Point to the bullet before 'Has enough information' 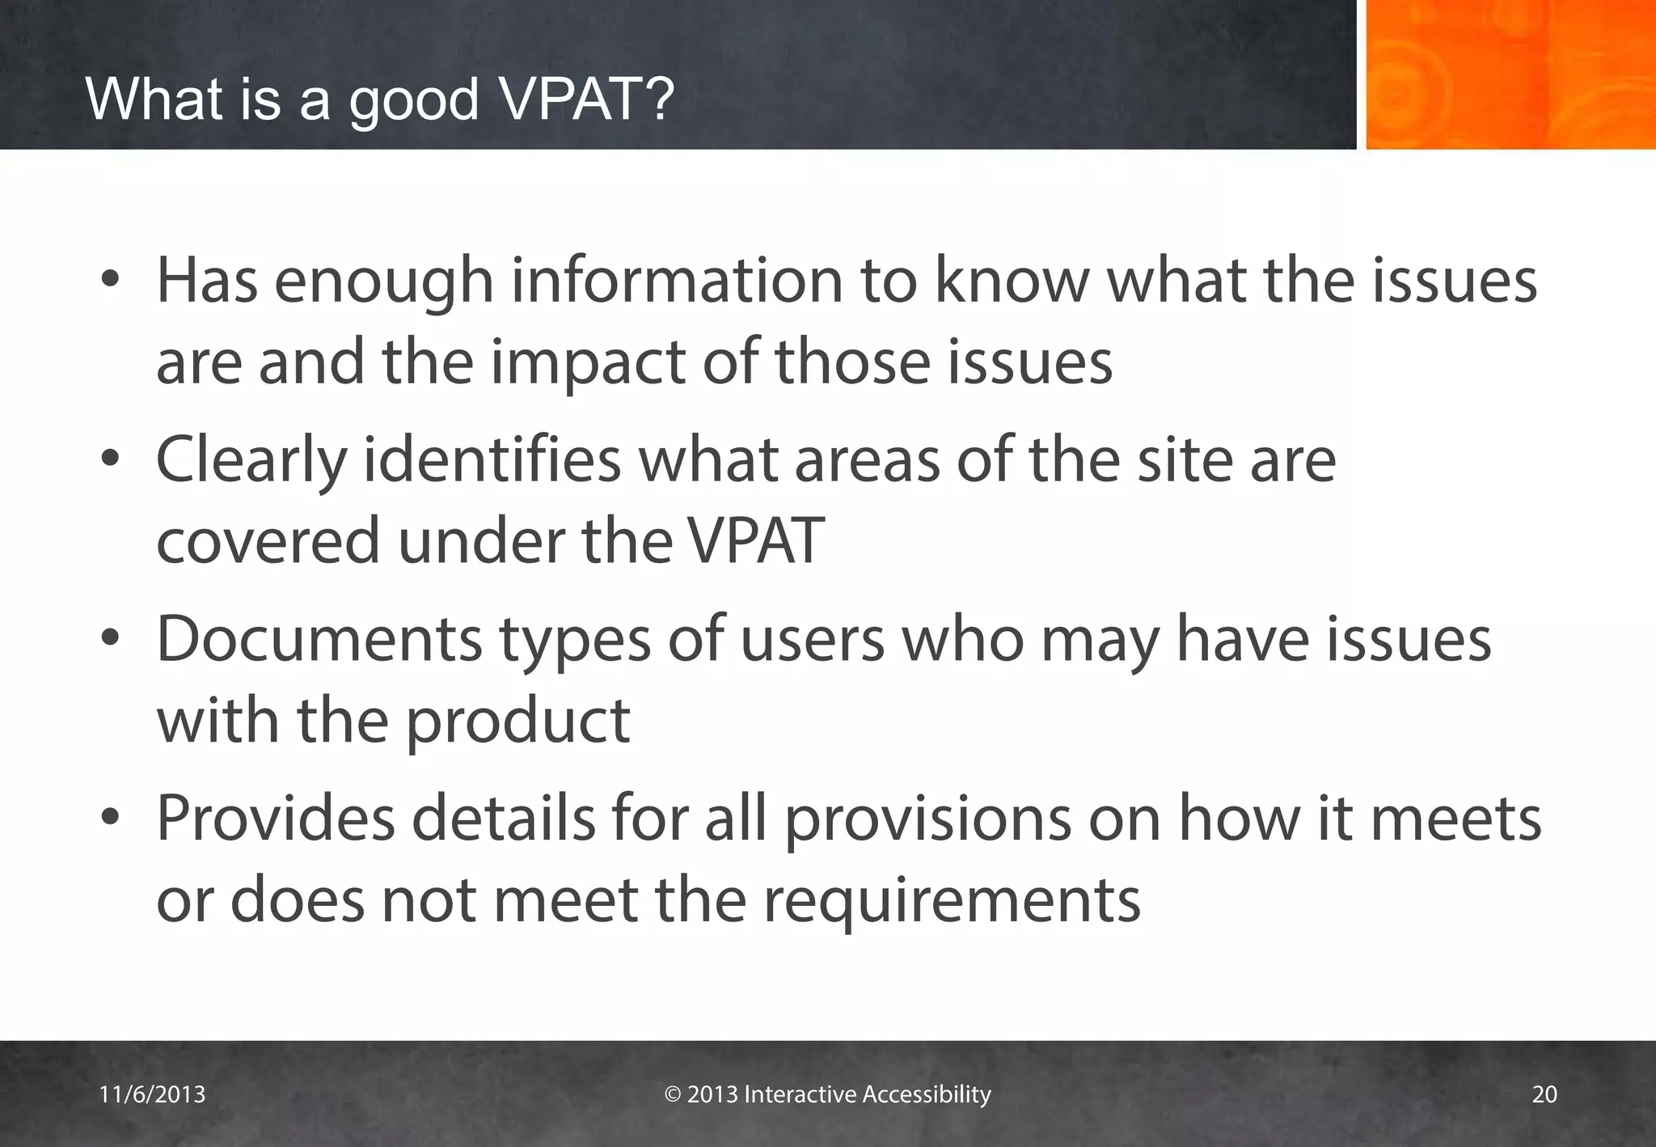tap(111, 281)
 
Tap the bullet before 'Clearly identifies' tap(111, 460)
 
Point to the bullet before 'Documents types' tap(111, 640)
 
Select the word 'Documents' tap(319, 640)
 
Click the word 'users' tap(812, 640)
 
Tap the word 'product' tap(517, 722)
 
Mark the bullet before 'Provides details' tap(111, 819)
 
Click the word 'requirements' tap(952, 901)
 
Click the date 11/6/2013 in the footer tap(152, 1094)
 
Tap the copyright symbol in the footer tap(673, 1094)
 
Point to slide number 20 tap(1544, 1094)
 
